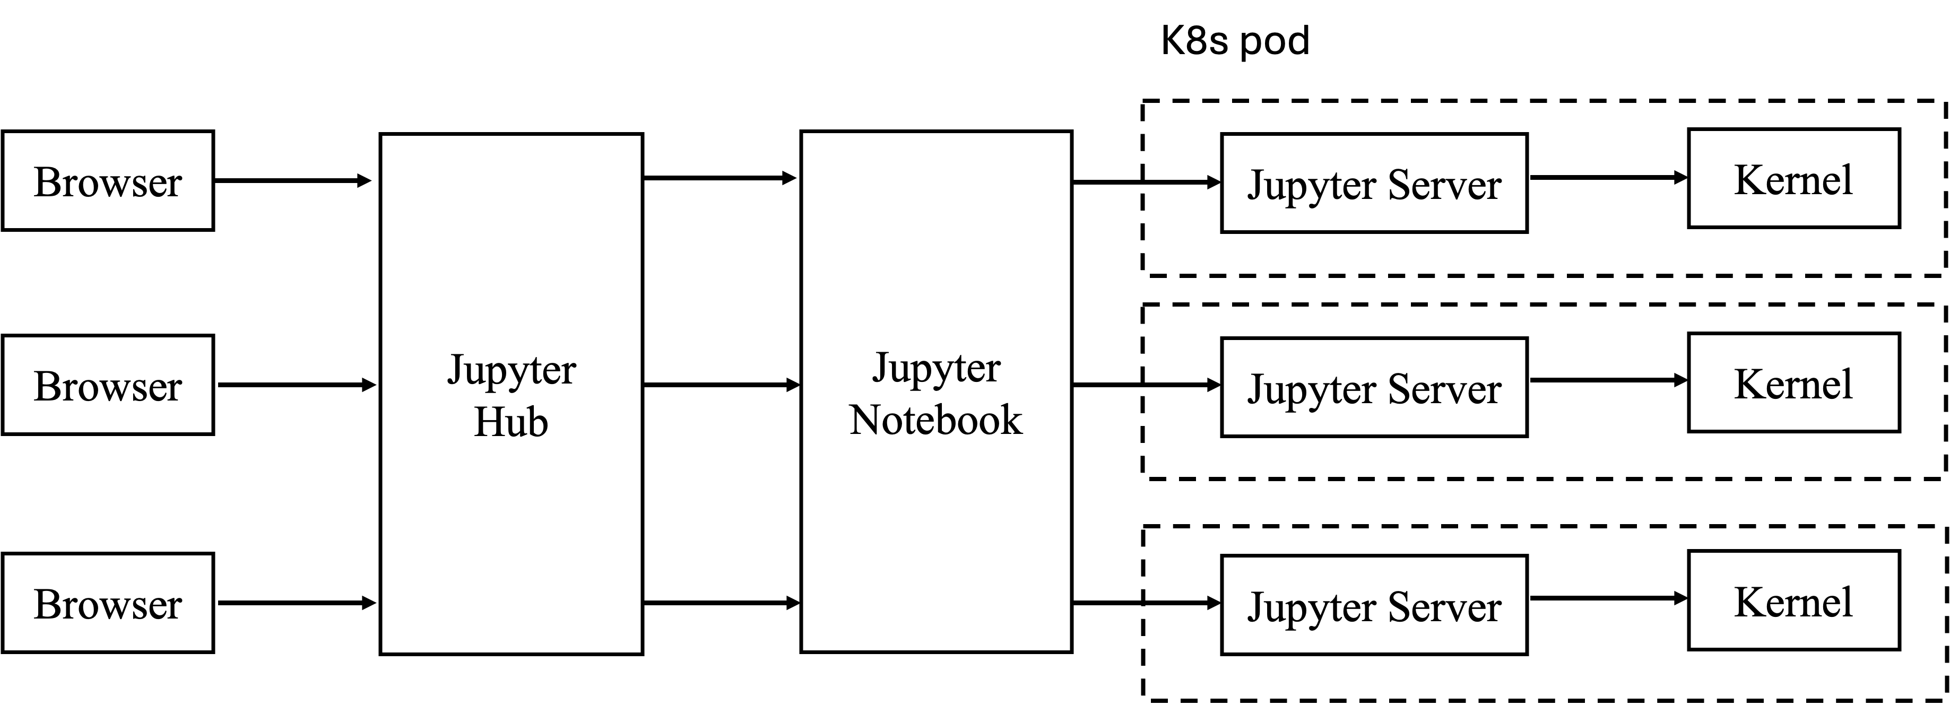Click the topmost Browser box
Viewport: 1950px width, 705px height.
pyautogui.click(x=108, y=181)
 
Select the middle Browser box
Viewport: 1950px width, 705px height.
pyautogui.click(x=108, y=385)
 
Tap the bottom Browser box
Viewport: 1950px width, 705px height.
pyautogui.click(x=108, y=603)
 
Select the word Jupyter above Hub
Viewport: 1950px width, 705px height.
pyautogui.click(x=512, y=371)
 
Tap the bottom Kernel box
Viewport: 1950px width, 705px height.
pyautogui.click(x=1793, y=600)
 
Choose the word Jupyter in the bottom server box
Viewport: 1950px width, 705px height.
pyautogui.click(x=1312, y=608)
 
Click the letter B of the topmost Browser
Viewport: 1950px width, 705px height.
pyautogui.click(x=46, y=182)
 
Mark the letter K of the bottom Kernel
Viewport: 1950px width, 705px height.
pyautogui.click(x=1748, y=602)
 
